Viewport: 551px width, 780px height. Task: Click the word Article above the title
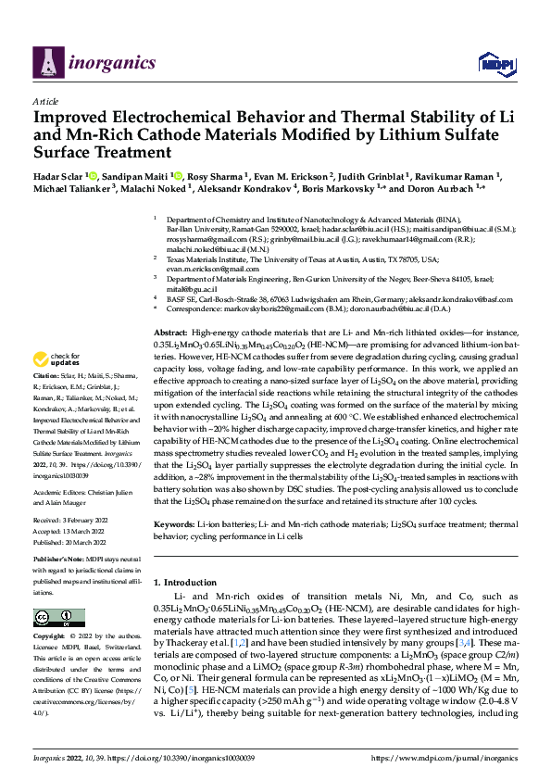click(x=45, y=101)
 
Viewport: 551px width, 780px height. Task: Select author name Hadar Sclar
click(x=61, y=176)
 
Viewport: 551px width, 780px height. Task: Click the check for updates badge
click(x=56, y=359)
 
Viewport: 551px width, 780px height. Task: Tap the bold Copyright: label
click(x=50, y=638)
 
